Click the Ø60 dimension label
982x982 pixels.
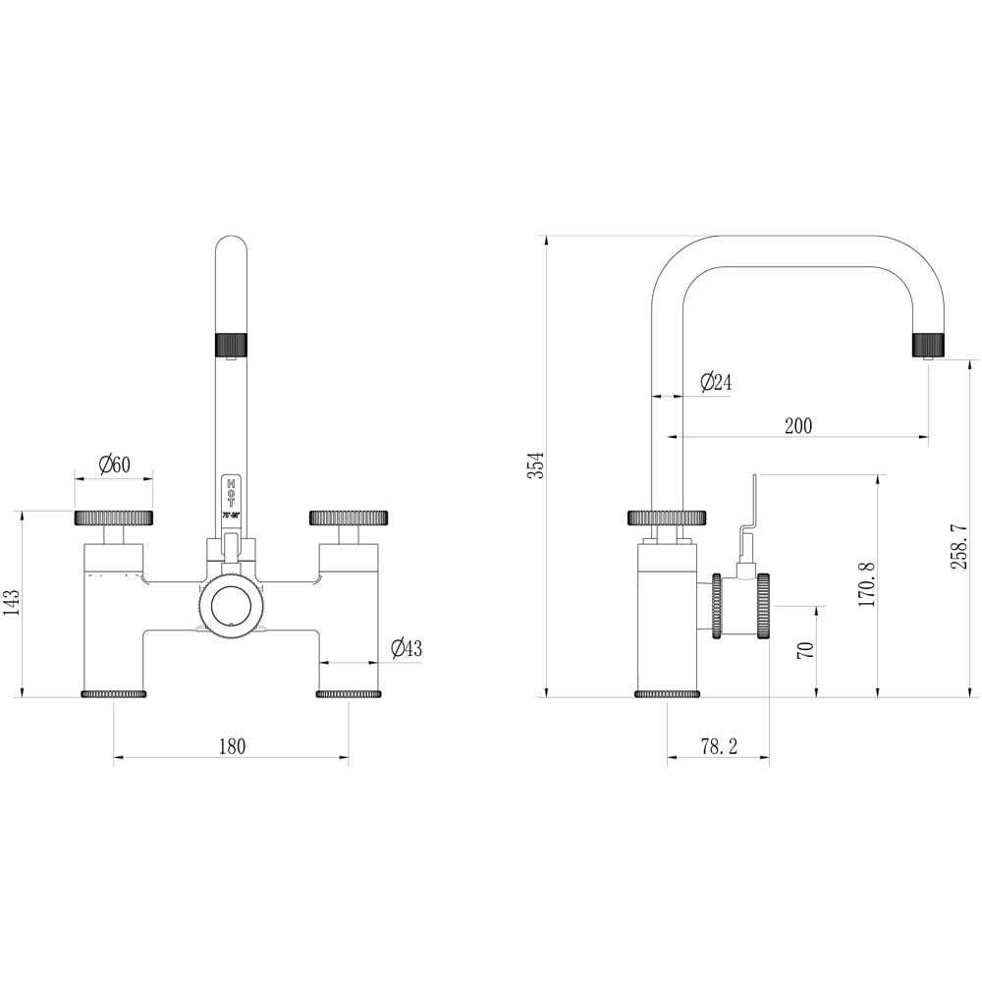(x=115, y=464)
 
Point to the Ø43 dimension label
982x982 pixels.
(x=406, y=648)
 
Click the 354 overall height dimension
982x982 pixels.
(x=534, y=464)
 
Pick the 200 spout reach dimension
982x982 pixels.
(x=798, y=426)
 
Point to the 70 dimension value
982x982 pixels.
(x=805, y=650)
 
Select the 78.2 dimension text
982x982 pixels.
(x=719, y=746)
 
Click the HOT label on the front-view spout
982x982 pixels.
(x=231, y=494)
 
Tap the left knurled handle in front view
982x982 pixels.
(x=113, y=518)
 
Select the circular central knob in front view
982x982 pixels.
(x=232, y=605)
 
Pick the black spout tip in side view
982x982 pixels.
(x=928, y=345)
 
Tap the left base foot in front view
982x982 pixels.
(x=113, y=694)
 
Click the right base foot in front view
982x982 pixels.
(x=348, y=694)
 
